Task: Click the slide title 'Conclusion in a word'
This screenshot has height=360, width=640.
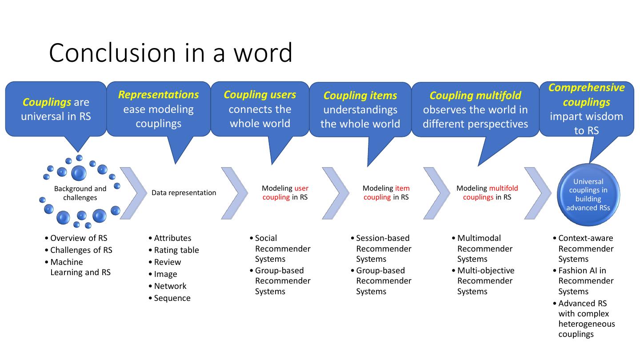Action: point(171,52)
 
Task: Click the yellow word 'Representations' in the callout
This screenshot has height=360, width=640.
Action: point(158,95)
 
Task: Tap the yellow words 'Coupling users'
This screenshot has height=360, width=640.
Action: point(260,95)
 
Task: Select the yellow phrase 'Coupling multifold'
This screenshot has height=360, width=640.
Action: point(475,96)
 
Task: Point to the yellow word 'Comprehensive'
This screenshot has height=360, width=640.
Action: point(586,88)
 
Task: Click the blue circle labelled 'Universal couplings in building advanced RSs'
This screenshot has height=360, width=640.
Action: point(588,195)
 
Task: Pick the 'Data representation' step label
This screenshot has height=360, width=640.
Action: point(184,193)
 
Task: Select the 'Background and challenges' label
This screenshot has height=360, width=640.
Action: point(80,193)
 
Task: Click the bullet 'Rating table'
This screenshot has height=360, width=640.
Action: point(176,250)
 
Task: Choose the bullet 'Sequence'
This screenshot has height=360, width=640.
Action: point(172,298)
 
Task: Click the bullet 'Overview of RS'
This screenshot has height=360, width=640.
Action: point(79,238)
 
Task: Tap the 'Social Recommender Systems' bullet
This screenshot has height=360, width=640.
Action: point(282,248)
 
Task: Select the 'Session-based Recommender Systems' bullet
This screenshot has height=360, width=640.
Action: point(384,248)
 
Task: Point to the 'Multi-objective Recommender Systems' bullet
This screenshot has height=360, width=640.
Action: point(485,281)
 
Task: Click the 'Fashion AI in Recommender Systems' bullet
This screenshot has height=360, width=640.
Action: point(586,281)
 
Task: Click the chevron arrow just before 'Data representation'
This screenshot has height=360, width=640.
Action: point(133,193)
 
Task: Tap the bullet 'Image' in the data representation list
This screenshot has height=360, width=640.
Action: point(165,274)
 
